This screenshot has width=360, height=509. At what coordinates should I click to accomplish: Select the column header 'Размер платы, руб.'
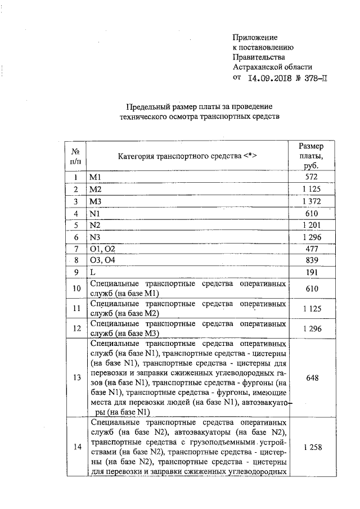click(x=311, y=156)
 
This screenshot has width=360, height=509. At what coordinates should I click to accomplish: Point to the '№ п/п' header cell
click(x=75, y=156)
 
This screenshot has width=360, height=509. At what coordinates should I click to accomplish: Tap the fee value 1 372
click(x=311, y=201)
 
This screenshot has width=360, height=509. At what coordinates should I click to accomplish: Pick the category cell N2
click(x=95, y=225)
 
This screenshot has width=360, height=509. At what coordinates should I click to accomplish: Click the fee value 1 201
click(x=311, y=225)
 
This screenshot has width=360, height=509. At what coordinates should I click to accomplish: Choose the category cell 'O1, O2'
click(x=102, y=249)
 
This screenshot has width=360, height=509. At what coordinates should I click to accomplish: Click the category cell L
click(x=92, y=272)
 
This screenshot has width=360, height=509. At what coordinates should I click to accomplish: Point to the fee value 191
click(x=311, y=272)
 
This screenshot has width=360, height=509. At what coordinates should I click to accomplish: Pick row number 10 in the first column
click(x=75, y=289)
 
